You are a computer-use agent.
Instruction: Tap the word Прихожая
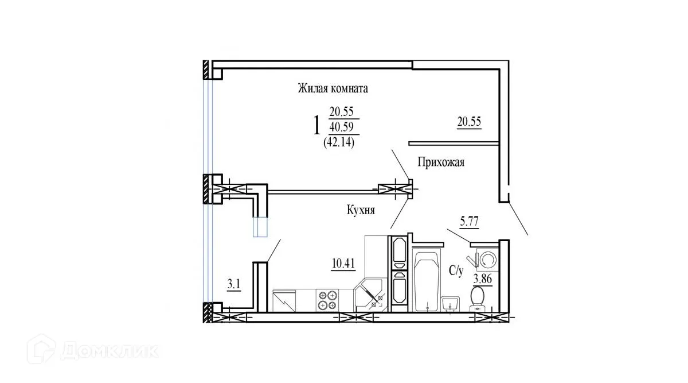(440, 163)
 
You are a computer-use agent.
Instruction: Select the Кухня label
(361, 211)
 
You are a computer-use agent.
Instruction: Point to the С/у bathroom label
(456, 271)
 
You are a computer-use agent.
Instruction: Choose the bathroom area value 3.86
(483, 280)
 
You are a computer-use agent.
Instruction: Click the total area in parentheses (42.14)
(339, 142)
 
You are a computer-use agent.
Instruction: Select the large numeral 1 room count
(316, 125)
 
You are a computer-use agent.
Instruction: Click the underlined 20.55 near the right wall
(468, 121)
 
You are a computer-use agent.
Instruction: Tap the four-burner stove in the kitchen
(328, 300)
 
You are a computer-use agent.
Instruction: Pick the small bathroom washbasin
(450, 303)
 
